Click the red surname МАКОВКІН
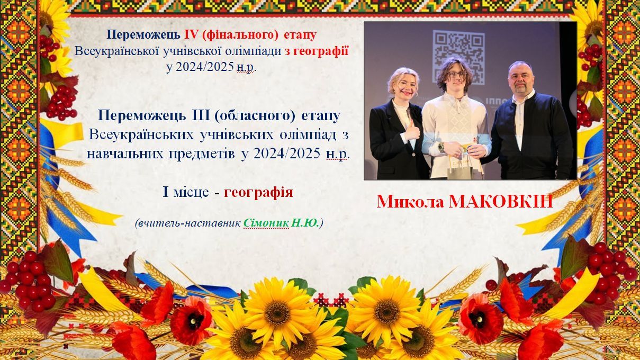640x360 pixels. [x=501, y=202]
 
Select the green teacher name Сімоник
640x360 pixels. [x=266, y=223]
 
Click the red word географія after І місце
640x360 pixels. [x=258, y=193]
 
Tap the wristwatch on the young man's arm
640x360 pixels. [x=441, y=147]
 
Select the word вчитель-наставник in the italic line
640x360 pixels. [x=189, y=223]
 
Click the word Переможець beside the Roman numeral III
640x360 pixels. [x=139, y=116]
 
